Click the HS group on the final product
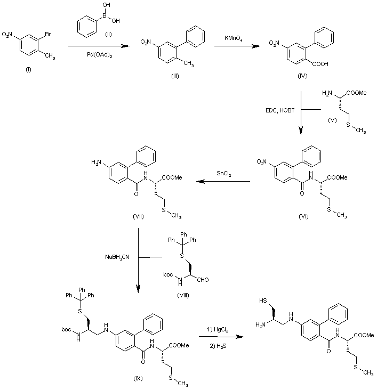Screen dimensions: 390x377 point(264,300)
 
